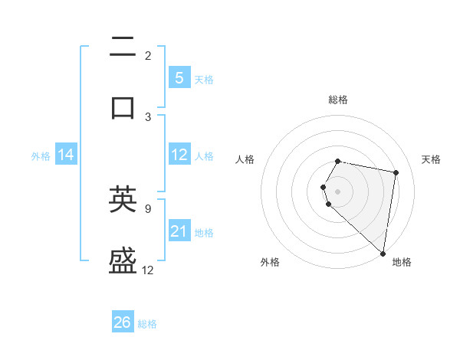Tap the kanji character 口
[123, 106]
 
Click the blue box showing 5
[179, 78]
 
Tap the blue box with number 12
[179, 155]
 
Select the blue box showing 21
[179, 231]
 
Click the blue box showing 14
[66, 155]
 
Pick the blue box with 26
[123, 322]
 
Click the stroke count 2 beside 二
[148, 56]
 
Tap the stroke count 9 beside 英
[148, 208]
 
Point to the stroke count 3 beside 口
[148, 116]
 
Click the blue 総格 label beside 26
[147, 324]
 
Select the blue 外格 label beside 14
[41, 155]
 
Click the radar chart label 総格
[338, 100]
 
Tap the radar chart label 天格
[431, 159]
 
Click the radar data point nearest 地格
[383, 253]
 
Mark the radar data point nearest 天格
[396, 173]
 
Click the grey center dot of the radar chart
[338, 191]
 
